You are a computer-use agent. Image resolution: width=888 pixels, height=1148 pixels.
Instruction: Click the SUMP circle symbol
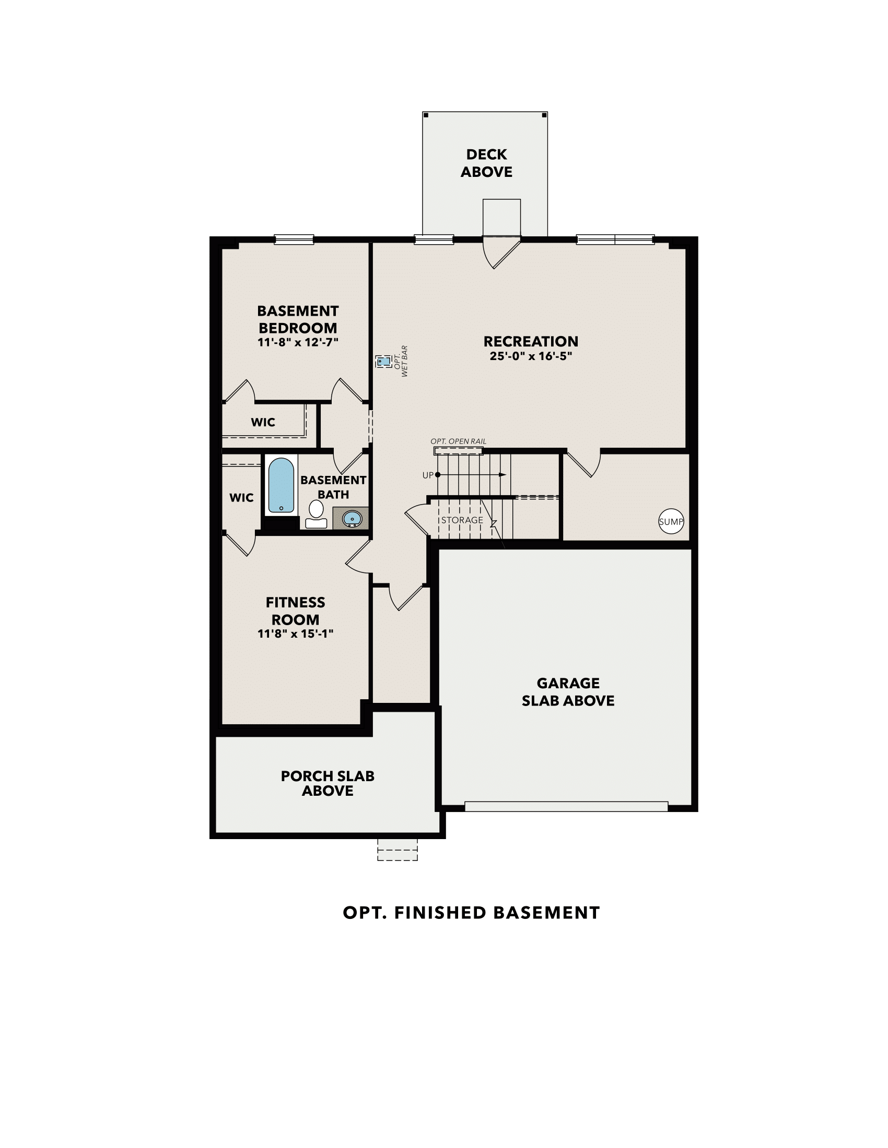point(671,521)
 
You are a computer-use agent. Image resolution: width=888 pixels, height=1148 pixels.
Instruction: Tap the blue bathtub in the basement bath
point(281,486)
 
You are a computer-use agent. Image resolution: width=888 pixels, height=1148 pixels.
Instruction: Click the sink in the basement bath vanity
point(352,519)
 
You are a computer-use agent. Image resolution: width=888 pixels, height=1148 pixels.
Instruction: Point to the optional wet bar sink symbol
point(383,362)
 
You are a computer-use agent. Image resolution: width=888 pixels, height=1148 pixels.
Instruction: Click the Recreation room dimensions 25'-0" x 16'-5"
point(530,356)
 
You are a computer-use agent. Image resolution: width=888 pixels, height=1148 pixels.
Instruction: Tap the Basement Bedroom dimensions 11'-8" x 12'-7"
point(297,342)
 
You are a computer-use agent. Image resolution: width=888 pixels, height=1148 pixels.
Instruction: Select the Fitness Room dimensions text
point(295,634)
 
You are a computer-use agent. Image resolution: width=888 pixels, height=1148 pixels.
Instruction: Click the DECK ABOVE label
point(486,163)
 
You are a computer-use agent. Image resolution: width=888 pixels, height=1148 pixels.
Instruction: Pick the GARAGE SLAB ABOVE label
point(568,692)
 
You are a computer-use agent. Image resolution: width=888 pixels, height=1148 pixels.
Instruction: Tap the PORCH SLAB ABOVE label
point(327,783)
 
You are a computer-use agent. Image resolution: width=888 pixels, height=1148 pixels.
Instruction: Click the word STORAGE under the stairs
point(462,520)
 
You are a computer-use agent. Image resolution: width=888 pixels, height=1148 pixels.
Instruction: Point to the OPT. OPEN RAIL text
point(458,441)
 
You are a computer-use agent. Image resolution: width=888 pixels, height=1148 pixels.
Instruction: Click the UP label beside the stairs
point(428,475)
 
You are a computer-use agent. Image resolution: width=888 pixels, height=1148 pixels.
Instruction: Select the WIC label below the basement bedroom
point(263,422)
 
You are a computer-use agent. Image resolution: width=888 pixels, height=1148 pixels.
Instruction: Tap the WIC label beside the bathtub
point(241,497)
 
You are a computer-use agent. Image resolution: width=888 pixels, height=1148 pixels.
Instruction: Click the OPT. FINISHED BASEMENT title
point(471,913)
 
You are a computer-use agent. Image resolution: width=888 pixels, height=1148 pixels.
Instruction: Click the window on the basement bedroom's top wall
point(294,240)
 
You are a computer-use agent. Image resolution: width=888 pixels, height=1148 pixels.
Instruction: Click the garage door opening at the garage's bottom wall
point(566,806)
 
